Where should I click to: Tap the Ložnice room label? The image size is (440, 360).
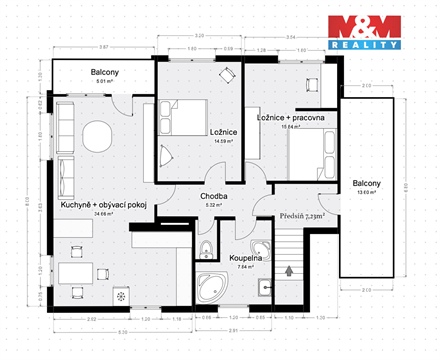[x=223, y=131]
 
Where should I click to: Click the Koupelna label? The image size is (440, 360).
[x=246, y=257]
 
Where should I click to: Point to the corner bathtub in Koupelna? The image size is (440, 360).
[x=212, y=287]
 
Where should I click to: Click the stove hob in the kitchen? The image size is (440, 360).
[x=123, y=297]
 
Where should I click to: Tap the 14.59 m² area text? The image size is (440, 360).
[x=223, y=141]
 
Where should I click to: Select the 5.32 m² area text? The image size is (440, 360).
[x=213, y=206]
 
